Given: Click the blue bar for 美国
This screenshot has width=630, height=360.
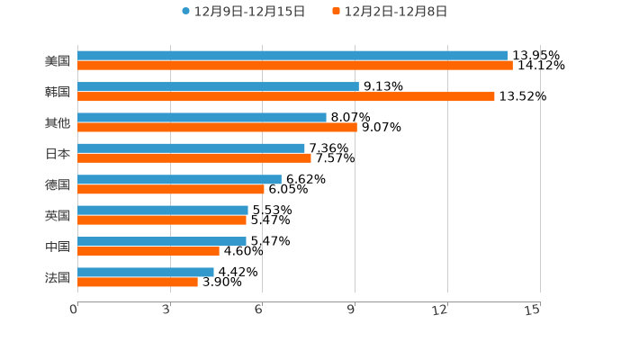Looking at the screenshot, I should coord(292,56).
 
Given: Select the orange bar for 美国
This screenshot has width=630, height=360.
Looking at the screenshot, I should coord(295,66).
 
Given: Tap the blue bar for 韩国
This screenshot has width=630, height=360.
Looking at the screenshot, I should coord(218,86).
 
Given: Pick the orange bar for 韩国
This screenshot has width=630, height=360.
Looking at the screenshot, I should coord(286,96).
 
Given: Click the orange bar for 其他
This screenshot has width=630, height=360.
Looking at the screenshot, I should coord(217,127).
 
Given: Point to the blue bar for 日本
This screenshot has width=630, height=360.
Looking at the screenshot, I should coord(191,148).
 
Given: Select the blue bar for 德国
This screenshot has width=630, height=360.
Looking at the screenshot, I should coord(179,179).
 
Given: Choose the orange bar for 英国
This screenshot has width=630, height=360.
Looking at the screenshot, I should coord(162,220).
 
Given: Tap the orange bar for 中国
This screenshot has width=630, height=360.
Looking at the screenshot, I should coord(148,251).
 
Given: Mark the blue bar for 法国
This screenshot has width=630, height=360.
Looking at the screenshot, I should coord(146,272).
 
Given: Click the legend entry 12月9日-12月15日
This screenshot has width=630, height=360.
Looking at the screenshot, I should coord(243,12).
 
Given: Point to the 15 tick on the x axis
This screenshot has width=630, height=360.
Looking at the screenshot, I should coord(533,310).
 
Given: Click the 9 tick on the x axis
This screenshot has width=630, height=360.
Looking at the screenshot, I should coord(353,310).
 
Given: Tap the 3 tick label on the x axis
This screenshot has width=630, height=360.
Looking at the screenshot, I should coord(167,310).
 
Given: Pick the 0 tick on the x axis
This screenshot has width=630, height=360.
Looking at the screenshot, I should coord(74,310).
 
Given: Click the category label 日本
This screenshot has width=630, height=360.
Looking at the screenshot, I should coord(58,153).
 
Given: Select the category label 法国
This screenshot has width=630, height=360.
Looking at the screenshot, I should coord(58,277).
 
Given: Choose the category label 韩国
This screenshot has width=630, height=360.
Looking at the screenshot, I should coord(58,92).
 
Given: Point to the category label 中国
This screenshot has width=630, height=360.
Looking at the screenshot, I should coord(58,247).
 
